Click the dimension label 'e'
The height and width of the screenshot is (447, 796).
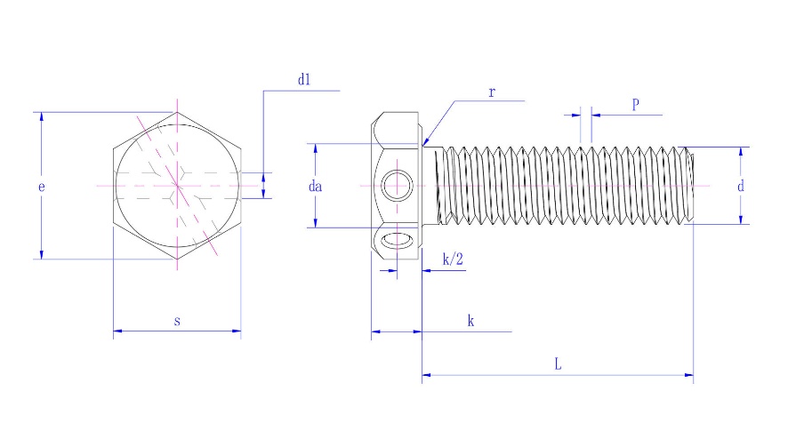coord(41,187)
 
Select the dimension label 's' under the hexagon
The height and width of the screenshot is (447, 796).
coord(177,321)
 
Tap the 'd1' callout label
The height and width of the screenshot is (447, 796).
coord(304,80)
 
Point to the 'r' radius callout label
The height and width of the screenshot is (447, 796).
coord(491,92)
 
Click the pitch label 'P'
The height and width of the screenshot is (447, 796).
coord(636,104)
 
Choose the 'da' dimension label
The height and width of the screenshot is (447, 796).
coord(315,187)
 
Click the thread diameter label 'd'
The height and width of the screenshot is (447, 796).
coord(740,187)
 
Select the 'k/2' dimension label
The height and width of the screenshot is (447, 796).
coord(453,259)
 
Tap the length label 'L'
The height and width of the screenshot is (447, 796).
coord(557,364)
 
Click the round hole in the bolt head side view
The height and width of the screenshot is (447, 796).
coord(397,187)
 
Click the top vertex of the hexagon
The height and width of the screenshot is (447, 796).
coord(177,112)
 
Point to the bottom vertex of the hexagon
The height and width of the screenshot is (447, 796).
coord(177,259)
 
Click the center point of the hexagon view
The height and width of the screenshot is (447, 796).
coord(177,186)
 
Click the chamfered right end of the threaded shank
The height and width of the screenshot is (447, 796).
coord(690,186)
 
